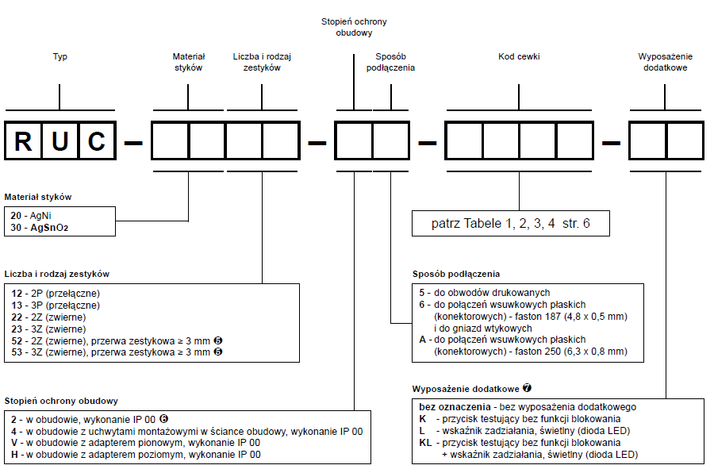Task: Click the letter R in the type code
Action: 23,141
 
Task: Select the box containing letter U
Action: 60,140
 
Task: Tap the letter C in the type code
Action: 97,141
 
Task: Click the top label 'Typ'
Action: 60,56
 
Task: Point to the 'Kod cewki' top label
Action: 519,56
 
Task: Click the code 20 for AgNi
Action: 16,216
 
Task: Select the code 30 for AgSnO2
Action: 16,227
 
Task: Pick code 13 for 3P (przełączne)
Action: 17,305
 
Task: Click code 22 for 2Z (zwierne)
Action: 17,317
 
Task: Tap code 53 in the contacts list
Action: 17,352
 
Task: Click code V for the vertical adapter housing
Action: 14,443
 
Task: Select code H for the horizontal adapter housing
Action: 14,455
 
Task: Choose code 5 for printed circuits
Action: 422,293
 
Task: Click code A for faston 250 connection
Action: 423,340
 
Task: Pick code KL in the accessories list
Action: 425,443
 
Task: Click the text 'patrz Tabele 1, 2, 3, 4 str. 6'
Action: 510,223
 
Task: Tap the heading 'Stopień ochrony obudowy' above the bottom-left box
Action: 61,402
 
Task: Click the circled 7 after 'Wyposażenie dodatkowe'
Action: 527,388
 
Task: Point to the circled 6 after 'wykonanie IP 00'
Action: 163,418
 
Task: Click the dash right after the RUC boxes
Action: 133,143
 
